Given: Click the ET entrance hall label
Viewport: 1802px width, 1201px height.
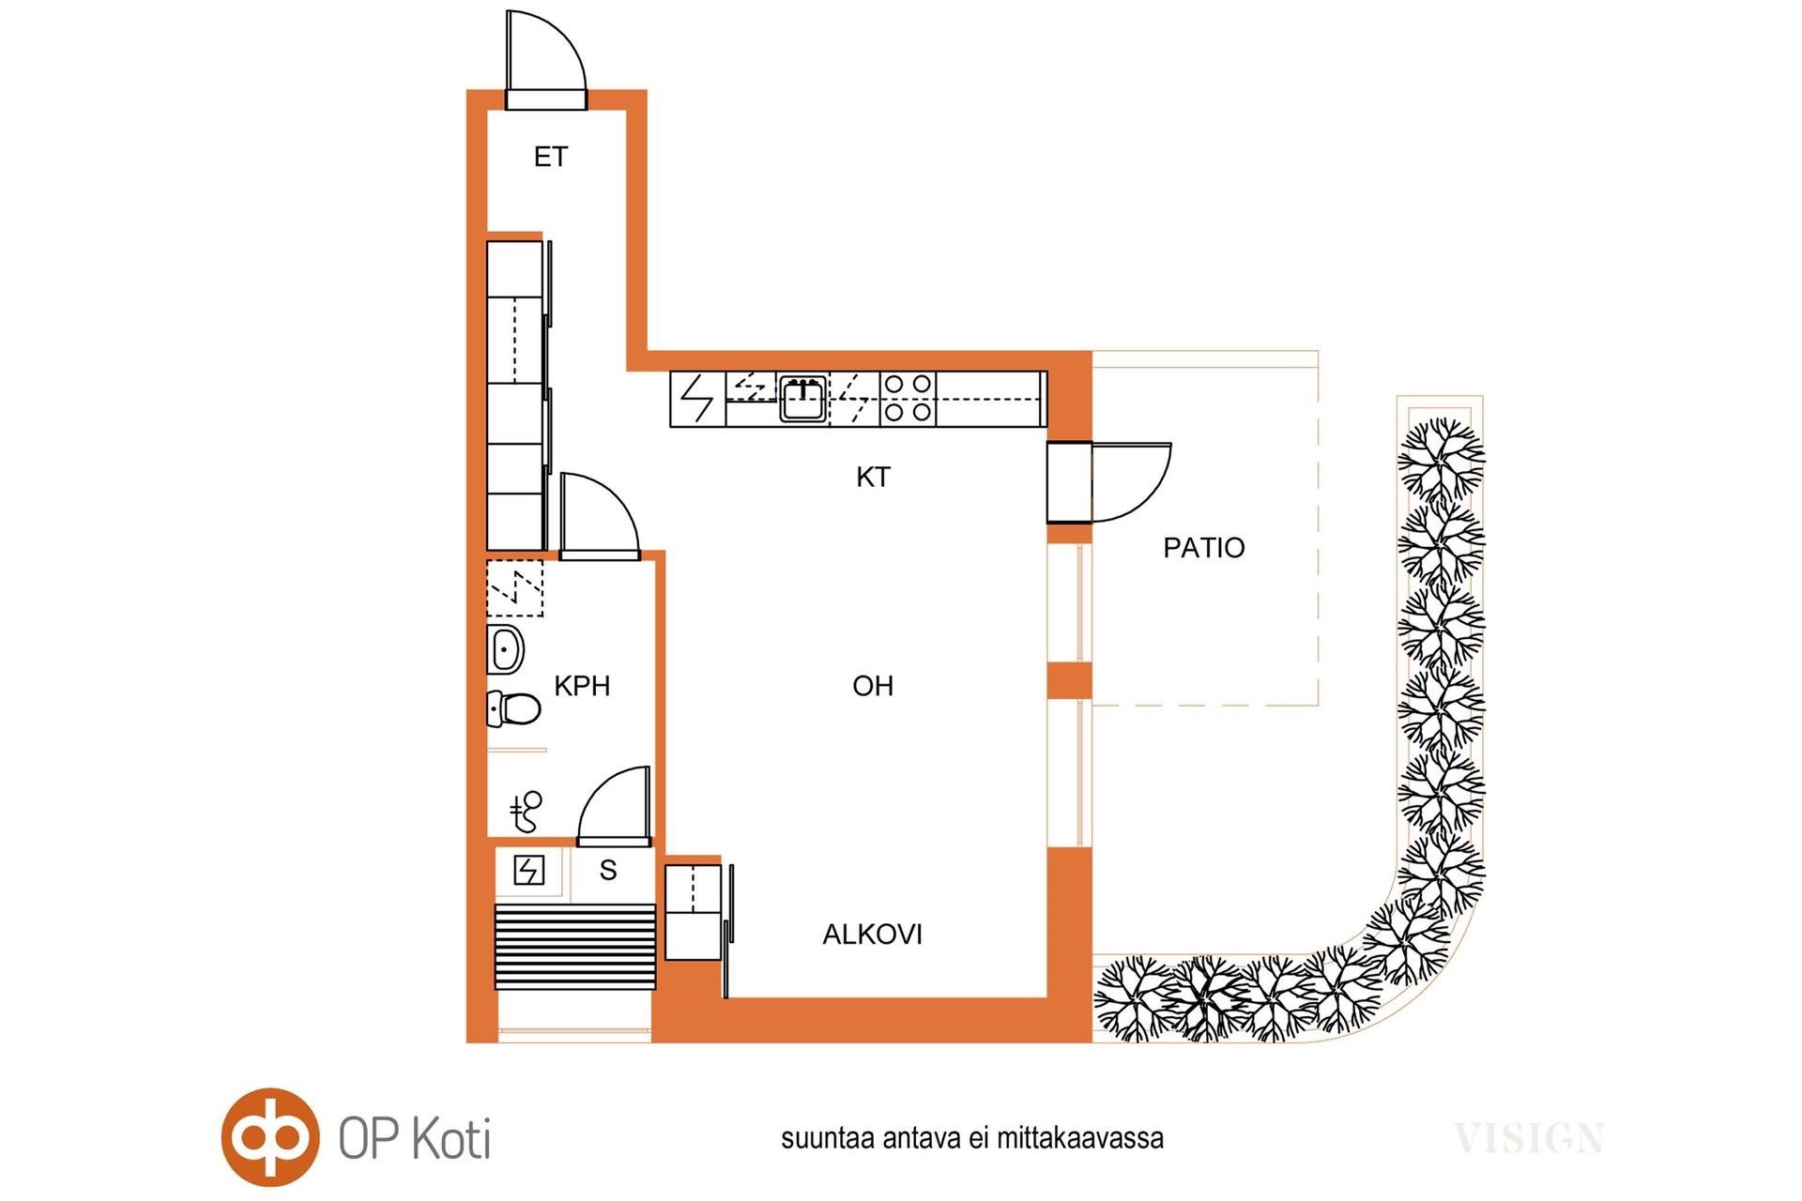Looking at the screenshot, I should tap(551, 157).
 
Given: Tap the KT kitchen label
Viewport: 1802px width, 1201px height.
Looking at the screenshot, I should tap(873, 478).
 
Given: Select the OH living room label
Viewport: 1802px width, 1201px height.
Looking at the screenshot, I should tap(873, 686).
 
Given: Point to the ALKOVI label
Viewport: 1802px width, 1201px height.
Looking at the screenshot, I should tap(873, 935).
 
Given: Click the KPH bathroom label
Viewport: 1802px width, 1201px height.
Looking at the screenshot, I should tap(582, 686).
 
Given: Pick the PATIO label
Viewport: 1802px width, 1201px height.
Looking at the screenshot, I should tap(1203, 548).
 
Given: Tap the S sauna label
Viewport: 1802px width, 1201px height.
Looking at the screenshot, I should tap(608, 871).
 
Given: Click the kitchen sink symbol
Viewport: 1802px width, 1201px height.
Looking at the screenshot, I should tap(802, 399).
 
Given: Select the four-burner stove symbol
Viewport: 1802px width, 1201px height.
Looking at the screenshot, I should tap(909, 398).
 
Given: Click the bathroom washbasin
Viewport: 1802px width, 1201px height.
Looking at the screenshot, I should tap(505, 649).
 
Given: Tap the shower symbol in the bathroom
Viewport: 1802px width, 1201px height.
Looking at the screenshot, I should tap(527, 811).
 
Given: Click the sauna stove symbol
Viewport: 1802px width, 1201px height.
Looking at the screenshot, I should tap(528, 871).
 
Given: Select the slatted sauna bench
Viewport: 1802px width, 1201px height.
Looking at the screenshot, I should tap(574, 946).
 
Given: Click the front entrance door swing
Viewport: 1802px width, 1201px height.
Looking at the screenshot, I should tap(544, 53).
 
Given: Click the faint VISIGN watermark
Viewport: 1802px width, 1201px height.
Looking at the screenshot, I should tap(1529, 1138).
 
